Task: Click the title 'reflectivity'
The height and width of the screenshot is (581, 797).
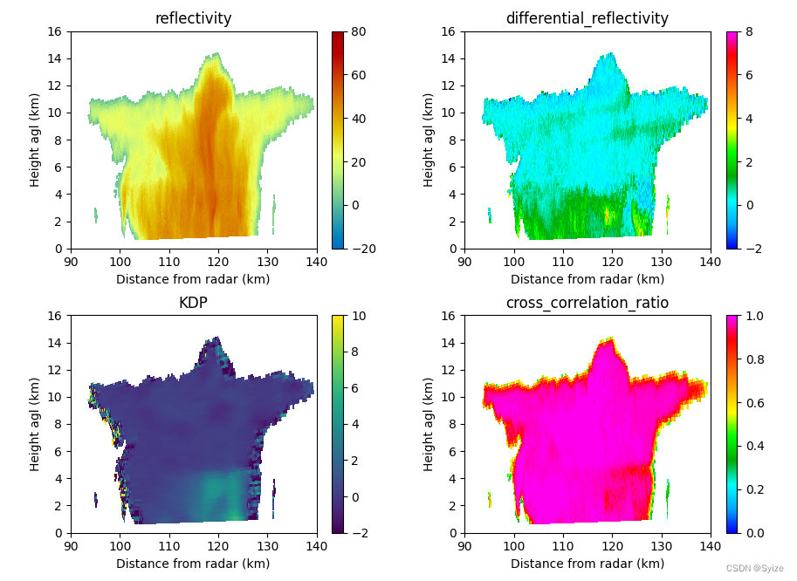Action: (x=193, y=18)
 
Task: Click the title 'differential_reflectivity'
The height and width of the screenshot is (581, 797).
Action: (x=587, y=18)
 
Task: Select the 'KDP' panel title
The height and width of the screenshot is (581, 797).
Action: (x=193, y=303)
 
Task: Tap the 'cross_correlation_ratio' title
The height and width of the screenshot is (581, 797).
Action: (x=587, y=303)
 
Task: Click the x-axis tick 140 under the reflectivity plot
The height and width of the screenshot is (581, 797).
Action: (x=317, y=262)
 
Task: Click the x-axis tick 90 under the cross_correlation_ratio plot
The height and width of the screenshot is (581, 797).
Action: (x=464, y=546)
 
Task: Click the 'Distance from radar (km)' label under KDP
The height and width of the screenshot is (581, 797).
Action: (x=193, y=564)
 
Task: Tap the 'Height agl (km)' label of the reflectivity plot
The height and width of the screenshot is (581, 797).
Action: (x=35, y=140)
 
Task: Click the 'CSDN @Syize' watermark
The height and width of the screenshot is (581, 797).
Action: (x=754, y=568)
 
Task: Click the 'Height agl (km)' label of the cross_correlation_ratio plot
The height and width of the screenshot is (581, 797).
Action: (x=429, y=424)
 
